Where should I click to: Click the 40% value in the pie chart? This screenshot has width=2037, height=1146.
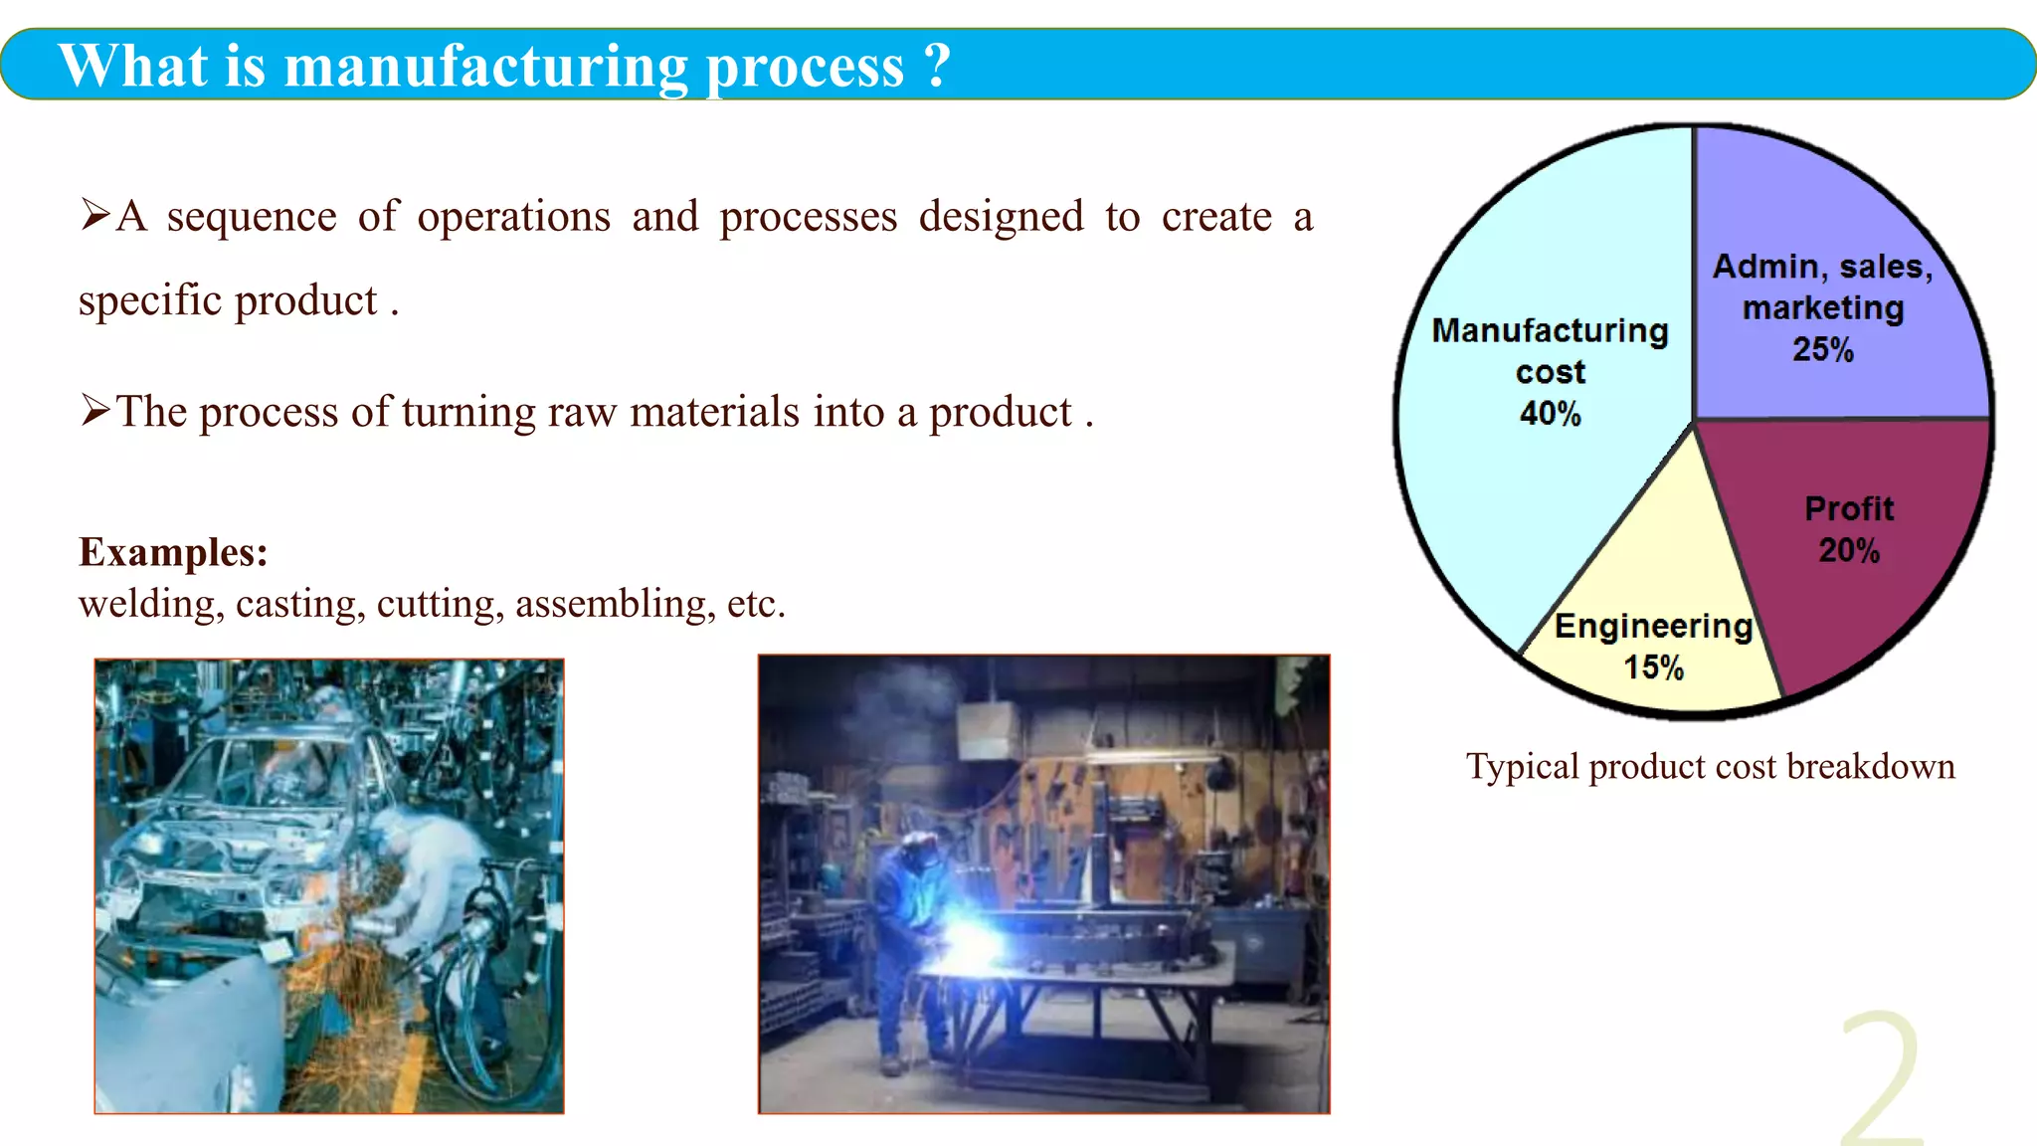[1550, 414]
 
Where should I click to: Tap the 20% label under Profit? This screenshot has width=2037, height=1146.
[1849, 550]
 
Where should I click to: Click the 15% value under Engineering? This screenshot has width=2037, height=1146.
[1653, 668]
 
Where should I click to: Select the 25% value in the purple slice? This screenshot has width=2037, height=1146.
[1823, 350]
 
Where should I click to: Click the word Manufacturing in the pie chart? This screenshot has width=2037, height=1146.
[1550, 330]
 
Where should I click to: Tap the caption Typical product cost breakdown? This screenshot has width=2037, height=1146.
[1710, 767]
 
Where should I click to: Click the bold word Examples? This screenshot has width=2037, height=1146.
[173, 552]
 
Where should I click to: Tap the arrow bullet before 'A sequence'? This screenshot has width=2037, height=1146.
[95, 215]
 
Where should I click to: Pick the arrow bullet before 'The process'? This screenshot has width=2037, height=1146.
[95, 410]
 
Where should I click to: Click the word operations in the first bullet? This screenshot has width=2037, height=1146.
[513, 217]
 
